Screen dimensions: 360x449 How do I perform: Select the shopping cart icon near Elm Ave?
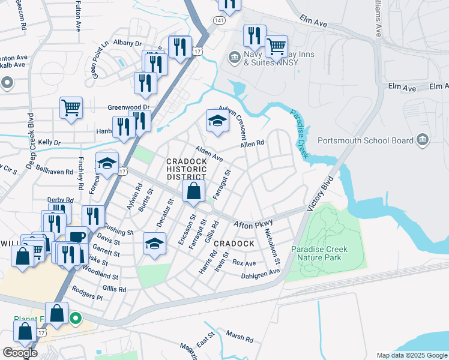[x=276, y=46]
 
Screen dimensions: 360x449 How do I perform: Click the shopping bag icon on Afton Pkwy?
[x=193, y=192]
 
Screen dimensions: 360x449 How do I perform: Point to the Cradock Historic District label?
[x=187, y=169]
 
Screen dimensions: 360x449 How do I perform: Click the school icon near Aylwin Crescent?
[x=217, y=122]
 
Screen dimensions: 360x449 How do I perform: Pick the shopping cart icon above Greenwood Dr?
[x=71, y=109]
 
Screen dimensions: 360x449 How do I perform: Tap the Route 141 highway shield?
[x=214, y=20]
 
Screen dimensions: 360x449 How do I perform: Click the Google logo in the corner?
[x=20, y=353]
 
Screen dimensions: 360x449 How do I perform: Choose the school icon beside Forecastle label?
[x=107, y=163]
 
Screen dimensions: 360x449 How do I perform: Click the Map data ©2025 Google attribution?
[x=412, y=355]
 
